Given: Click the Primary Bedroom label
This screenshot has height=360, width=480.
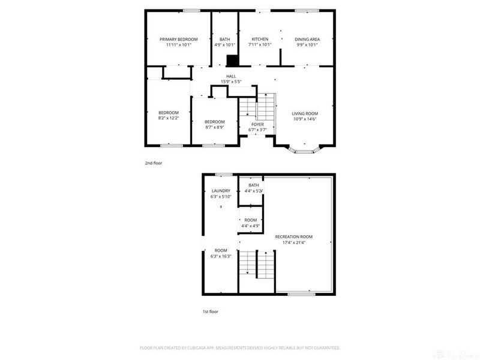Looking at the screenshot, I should tap(178, 39).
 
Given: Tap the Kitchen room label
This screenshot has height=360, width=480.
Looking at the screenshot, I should tap(260, 39).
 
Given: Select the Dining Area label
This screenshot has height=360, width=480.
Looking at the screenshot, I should tap(307, 39).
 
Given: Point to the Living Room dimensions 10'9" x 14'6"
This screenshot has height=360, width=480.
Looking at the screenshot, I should tap(305, 119).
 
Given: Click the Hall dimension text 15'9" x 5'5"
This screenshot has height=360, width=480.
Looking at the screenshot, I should tap(231, 82).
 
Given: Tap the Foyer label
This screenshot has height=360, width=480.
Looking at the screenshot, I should tap(257, 124).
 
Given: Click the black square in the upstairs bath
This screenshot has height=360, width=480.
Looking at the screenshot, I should tap(232, 61).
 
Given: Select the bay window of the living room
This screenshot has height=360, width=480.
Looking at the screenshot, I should tap(305, 150).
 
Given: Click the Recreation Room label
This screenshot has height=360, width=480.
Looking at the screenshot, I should tap(294, 236).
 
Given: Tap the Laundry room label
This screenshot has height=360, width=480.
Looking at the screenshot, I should tap(220, 191).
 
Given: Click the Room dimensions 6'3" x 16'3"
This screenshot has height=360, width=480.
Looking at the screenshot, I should tap(221, 256).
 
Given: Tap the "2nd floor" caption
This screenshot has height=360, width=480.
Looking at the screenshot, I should tap(154, 163).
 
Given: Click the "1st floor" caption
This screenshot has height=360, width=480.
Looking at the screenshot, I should tap(210, 311).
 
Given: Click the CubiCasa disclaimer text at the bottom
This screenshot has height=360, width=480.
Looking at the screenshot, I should tap(240, 348).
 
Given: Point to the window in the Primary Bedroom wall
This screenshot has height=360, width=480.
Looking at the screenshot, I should tap(191, 10).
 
